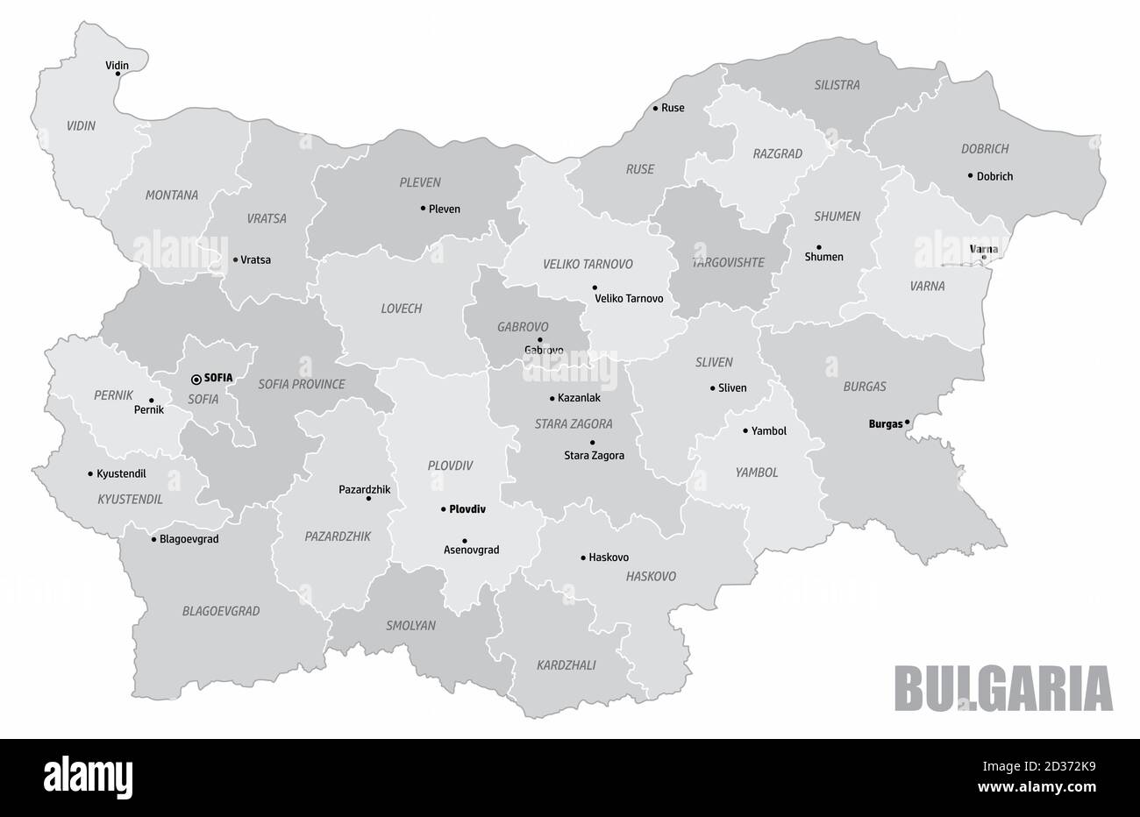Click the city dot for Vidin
(118, 74)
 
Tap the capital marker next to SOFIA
(196, 379)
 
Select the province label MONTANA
(172, 195)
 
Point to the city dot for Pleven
(423, 209)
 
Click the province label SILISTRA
(837, 85)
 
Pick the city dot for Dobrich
(970, 175)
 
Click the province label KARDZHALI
(566, 665)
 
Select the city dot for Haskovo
(583, 558)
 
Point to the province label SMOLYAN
(410, 626)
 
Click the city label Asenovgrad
(471, 551)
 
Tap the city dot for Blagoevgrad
(153, 539)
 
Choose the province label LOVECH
(401, 309)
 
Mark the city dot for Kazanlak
(552, 398)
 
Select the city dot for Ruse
(655, 109)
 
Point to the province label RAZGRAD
(777, 153)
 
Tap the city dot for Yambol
(745, 430)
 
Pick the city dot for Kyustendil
(90, 473)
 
